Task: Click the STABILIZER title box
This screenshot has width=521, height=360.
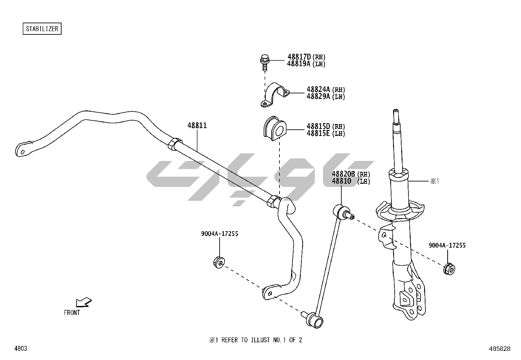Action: pos(42,29)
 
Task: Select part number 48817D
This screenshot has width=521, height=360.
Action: pos(299,57)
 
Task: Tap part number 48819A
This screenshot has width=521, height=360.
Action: pos(299,64)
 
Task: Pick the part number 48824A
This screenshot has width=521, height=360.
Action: pos(319,89)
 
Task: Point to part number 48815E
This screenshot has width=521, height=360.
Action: pos(319,134)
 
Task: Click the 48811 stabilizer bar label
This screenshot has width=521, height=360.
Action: pos(197,125)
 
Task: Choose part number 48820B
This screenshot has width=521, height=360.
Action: pos(343,174)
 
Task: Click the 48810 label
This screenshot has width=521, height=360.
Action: pos(341,181)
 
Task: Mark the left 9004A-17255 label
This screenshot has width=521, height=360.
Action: pos(219,234)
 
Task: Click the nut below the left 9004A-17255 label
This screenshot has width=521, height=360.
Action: pos(219,263)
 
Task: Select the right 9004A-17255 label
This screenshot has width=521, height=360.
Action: pos(447,245)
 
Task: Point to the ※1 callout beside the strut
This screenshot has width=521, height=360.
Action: pos(434,181)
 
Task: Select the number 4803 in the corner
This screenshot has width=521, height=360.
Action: pos(21,349)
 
